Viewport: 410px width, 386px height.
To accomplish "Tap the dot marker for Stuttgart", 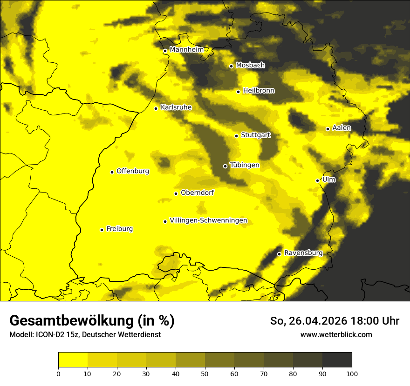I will tap(237, 136).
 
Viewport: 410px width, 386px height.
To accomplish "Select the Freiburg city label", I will tap(119, 229).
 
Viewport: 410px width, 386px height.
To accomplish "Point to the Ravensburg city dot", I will tap(279, 254).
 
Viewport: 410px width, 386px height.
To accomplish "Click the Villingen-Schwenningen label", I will tap(208, 220).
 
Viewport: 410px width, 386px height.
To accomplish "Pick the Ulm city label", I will tap(328, 180).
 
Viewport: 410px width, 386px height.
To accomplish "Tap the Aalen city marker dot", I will tap(328, 129).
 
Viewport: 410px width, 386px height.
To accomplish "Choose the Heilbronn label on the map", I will tap(259, 91).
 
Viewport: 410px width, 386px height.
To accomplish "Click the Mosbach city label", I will tap(250, 66).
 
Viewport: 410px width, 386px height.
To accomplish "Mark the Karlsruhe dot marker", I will tap(156, 108).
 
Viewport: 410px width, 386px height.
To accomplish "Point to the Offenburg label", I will tap(133, 171).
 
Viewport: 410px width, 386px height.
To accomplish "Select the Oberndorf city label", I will tap(197, 193).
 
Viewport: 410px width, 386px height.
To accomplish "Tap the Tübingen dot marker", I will tap(225, 166).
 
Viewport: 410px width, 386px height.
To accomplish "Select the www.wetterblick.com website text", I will tap(336, 334).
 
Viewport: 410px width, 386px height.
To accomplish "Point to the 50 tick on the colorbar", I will tap(205, 373).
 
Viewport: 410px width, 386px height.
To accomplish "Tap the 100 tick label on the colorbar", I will tap(352, 373).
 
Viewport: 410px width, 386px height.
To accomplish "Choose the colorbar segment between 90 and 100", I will tap(337, 360).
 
